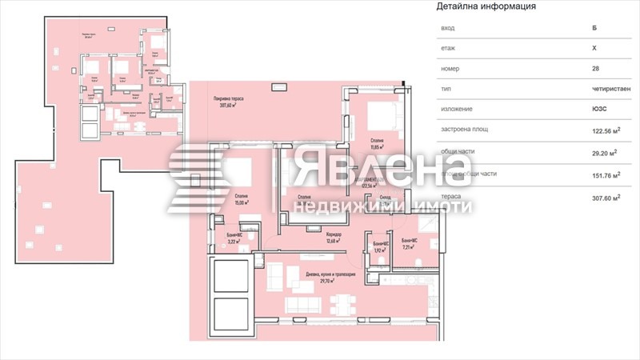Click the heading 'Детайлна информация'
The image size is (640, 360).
[x=486, y=6]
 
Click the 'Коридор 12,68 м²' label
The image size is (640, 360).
[x=334, y=238]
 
